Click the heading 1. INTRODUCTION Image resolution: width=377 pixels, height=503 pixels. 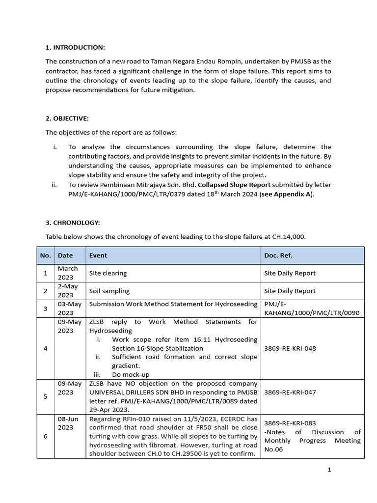point(75,47)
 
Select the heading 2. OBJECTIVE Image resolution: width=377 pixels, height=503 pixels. point(68,118)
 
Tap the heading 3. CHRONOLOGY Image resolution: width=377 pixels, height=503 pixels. point(73,223)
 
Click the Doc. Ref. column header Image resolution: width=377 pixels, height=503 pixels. point(278,255)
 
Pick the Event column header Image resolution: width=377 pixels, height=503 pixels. point(98,255)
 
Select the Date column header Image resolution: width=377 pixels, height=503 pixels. point(65,255)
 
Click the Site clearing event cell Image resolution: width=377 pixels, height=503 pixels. point(108,273)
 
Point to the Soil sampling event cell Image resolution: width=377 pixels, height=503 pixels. point(109,291)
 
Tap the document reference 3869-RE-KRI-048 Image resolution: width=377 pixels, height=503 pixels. point(290,348)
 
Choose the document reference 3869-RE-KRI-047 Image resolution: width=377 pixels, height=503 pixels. point(290,393)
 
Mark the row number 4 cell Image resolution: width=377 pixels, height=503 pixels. point(45,348)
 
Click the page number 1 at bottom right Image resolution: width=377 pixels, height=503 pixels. point(329,470)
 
